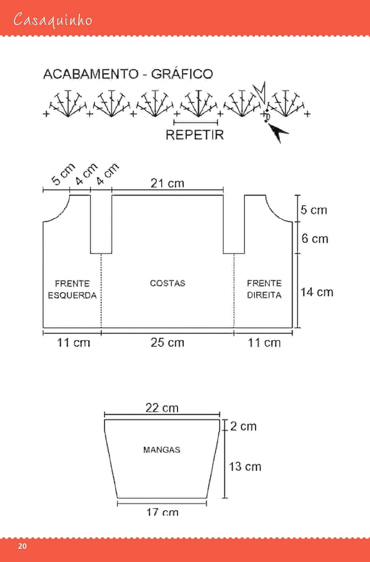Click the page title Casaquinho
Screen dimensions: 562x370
53,20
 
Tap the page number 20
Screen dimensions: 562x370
22,546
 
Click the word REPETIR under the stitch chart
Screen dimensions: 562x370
194,135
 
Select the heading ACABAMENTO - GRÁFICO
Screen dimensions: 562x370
128,74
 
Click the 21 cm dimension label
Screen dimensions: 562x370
167,183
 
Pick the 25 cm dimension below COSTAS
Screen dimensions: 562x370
167,342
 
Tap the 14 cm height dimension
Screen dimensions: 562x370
317,292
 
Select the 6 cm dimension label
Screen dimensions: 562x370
315,239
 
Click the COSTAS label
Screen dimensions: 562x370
167,283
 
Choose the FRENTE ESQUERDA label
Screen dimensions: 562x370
72,289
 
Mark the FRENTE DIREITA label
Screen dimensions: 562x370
264,289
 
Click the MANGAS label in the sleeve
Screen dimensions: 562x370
162,450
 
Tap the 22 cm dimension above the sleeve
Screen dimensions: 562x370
162,408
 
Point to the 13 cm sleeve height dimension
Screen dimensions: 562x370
245,466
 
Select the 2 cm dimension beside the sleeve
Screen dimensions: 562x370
243,426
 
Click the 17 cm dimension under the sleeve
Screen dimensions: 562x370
162,512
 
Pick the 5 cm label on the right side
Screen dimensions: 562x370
314,210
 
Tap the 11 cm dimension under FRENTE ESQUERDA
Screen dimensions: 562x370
73,342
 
